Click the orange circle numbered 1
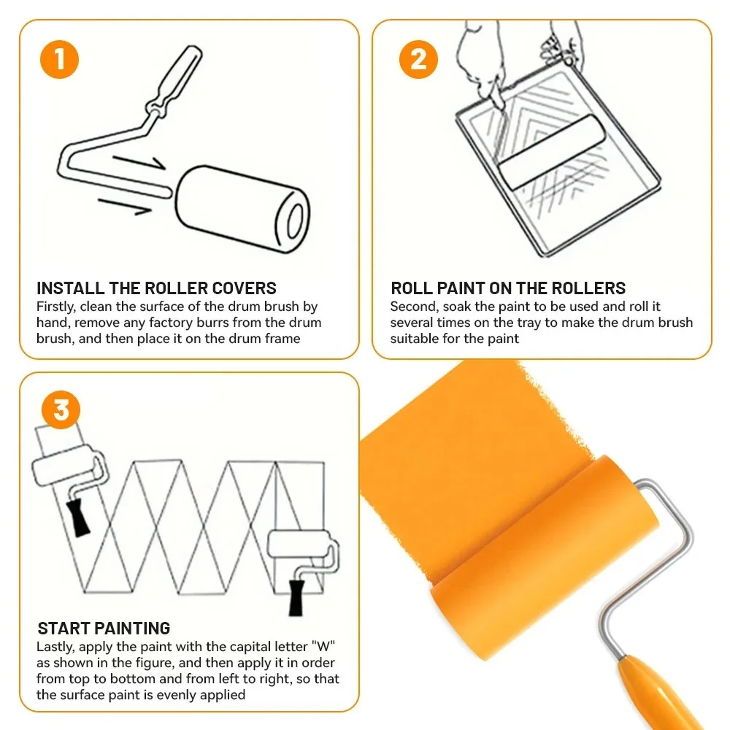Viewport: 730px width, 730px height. coord(59,59)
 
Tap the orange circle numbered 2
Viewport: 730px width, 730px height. coord(418,59)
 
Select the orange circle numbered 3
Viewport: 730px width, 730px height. coord(61,410)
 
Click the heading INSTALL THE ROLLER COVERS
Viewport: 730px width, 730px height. coord(156,288)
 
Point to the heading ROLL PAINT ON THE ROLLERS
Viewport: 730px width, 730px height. coord(508,288)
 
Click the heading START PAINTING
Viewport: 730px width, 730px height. coord(104,628)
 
